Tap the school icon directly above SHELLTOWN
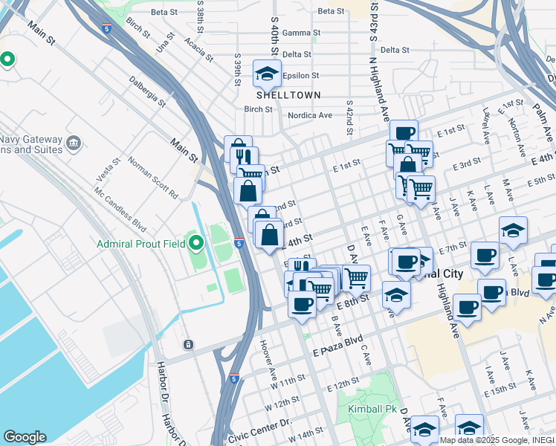[x=266, y=74]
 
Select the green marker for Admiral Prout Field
[x=196, y=242]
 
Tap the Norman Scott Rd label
[x=152, y=177]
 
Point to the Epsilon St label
[x=300, y=75]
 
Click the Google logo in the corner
[x=25, y=436]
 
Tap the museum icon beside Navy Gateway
[x=73, y=142]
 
